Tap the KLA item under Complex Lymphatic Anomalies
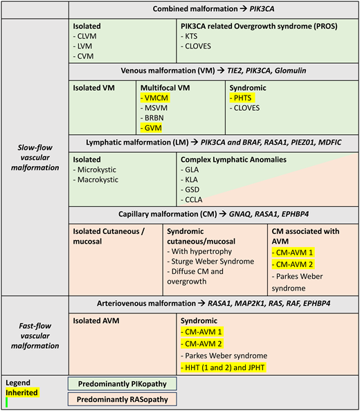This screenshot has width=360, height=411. tap(191, 179)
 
